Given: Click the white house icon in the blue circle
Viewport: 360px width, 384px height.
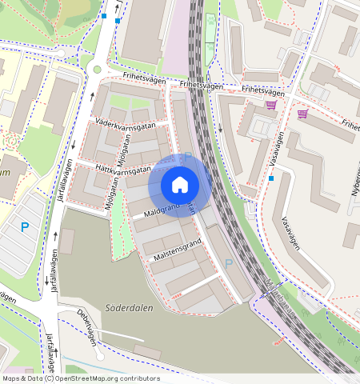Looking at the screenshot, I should click(x=180, y=185).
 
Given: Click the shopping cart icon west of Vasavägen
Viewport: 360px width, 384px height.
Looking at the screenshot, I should click(x=272, y=105).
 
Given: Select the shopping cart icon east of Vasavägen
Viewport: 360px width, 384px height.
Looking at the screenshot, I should click(x=302, y=114).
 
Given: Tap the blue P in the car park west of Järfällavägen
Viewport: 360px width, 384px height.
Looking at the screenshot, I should click(x=24, y=227).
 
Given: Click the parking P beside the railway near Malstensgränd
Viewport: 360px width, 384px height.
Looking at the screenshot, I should click(x=229, y=263).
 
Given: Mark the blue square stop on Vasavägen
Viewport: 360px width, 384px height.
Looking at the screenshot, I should click(x=271, y=178).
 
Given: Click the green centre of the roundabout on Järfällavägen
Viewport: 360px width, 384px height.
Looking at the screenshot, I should click(x=98, y=70).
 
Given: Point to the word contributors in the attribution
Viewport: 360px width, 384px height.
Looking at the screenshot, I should click(x=136, y=378).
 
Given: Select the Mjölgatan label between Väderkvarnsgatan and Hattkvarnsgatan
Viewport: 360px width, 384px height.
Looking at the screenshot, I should click(x=122, y=149).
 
